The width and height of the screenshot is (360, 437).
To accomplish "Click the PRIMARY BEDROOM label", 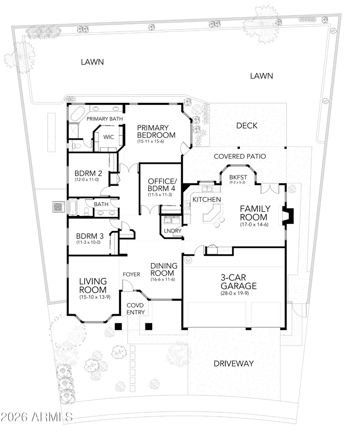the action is point(156,132).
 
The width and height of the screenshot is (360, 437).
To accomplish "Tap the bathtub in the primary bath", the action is point(76,113).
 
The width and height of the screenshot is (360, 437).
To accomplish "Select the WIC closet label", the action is point(108,137).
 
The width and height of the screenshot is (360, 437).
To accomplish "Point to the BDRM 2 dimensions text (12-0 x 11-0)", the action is point(86,180).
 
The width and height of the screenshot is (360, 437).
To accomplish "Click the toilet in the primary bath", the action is point(76,145).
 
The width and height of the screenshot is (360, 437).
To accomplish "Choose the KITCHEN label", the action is point(207,200).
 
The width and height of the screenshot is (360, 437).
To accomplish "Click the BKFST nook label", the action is point(238,177).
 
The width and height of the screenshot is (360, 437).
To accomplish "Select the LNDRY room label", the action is point(173,231).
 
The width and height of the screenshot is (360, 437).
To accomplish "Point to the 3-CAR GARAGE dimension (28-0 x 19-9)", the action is point(234,293).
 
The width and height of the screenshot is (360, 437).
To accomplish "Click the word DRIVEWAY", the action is point(234,363).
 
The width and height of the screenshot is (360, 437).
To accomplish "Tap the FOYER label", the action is point(131,275).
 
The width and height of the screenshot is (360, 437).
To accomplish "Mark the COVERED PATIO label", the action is point(240,156).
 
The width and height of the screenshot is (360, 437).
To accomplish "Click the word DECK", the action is point(247,126).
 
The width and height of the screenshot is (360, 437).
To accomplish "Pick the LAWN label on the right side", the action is point(261,76).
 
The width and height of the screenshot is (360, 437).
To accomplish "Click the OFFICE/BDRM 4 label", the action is point(162,184).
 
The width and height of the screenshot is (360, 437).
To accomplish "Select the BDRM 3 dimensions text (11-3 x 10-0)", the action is point(88,242).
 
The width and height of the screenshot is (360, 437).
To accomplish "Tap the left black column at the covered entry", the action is point(119,326).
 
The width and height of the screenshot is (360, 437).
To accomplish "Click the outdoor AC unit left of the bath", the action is point(58,207).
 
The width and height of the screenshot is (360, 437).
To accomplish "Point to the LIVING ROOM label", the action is point(93,285).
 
